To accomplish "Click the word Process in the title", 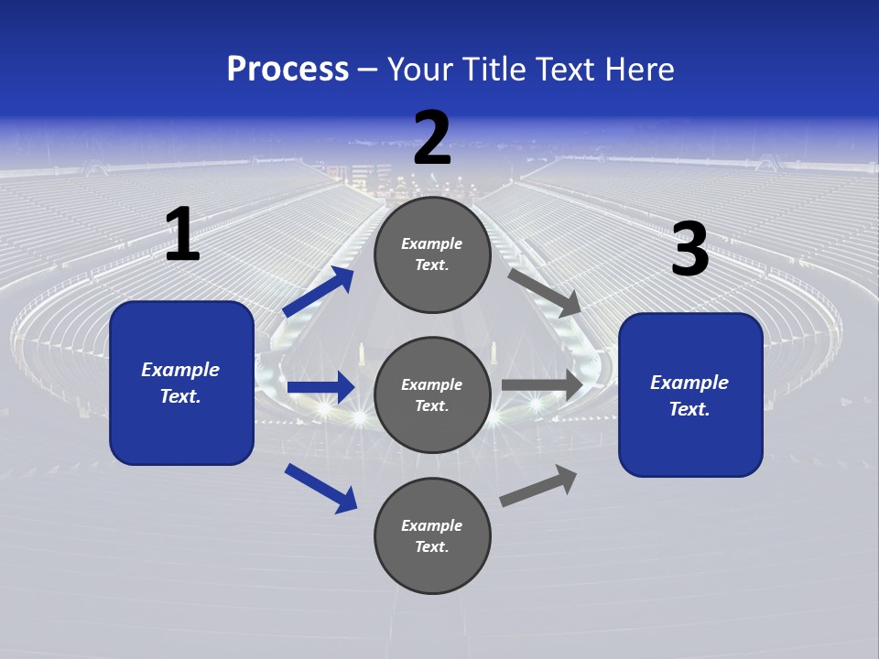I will (x=288, y=69).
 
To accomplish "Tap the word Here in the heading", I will (x=638, y=69).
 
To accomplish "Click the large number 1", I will (x=182, y=235).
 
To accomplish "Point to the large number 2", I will (x=432, y=138).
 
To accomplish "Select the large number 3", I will (x=689, y=251).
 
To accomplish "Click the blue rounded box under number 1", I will (x=181, y=383).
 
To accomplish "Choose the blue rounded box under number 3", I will (x=690, y=395).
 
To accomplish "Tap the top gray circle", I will (x=432, y=254).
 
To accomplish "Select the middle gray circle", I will (x=432, y=394).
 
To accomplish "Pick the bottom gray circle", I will (x=432, y=535).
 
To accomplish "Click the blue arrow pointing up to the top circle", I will (x=318, y=292).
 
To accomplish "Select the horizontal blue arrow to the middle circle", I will (x=320, y=388).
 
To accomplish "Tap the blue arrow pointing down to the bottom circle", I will (x=320, y=488).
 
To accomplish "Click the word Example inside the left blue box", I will (x=180, y=370).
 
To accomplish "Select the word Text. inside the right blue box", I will (x=689, y=409).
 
